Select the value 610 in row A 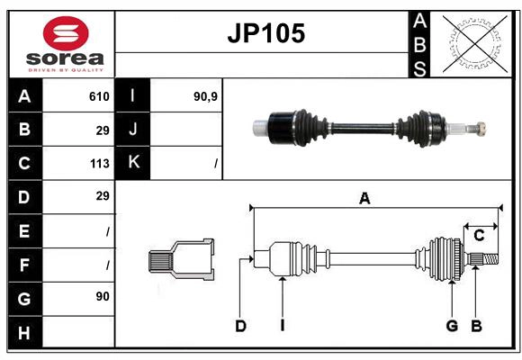(99, 96)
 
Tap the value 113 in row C (99, 164)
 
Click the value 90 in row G (103, 296)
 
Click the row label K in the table (133, 163)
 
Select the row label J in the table (133, 130)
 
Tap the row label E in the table (24, 230)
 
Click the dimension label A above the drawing (364, 199)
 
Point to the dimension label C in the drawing (479, 236)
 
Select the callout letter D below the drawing (240, 326)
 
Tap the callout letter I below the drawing (282, 326)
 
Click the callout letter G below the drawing (452, 326)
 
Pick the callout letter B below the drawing (476, 326)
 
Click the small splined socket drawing (181, 261)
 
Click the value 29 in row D (103, 196)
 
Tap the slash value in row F (107, 264)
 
